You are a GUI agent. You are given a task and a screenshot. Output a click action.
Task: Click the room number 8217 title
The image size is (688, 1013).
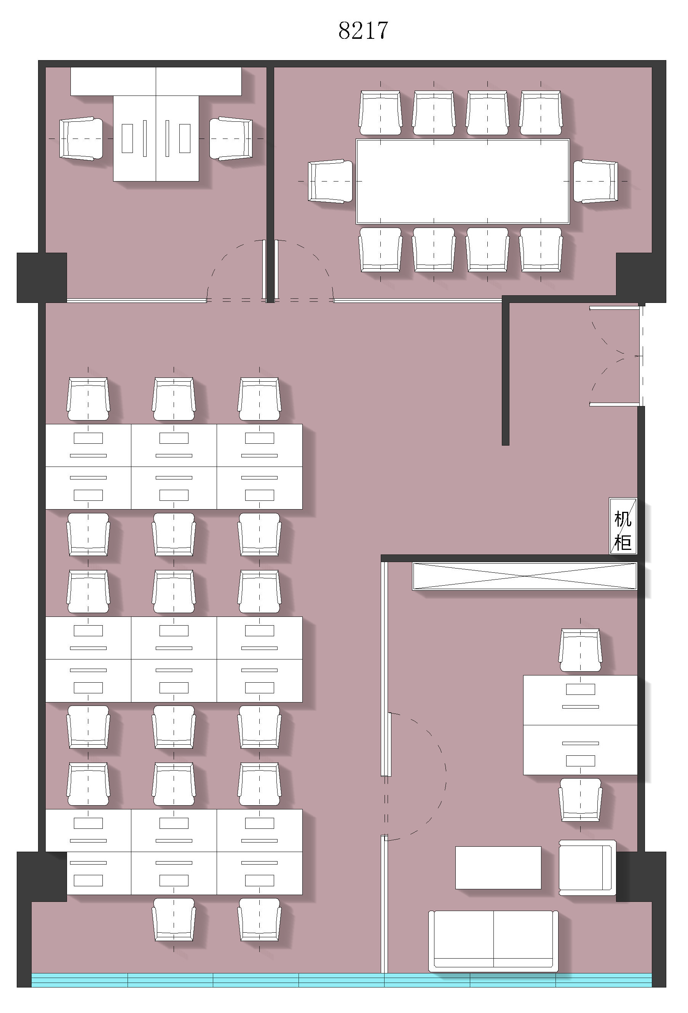coord(363,30)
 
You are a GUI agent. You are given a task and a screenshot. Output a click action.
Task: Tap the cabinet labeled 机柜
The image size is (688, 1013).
coord(623,526)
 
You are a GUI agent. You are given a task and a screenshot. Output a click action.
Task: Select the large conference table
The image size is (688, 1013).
coord(463,182)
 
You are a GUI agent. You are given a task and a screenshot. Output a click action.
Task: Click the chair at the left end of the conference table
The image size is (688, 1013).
coord(330,182)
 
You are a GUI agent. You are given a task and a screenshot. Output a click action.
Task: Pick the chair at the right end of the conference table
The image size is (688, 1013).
coord(595,182)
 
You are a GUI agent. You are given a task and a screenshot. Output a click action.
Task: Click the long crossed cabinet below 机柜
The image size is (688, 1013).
coord(525,576)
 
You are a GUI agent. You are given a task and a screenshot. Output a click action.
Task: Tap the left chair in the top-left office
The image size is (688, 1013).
coord(81,139)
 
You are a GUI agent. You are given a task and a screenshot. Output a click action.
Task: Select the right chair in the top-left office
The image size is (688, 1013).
coord(231,139)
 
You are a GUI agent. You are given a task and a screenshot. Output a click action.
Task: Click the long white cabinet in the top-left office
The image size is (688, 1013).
coord(156,81)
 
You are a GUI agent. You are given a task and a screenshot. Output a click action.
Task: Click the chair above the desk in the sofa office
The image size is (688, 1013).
coord(580,650)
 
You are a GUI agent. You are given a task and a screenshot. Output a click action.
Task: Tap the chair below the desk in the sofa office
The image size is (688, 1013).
coord(580,800)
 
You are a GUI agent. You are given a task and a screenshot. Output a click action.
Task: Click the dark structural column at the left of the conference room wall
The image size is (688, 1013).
coord(42,278)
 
